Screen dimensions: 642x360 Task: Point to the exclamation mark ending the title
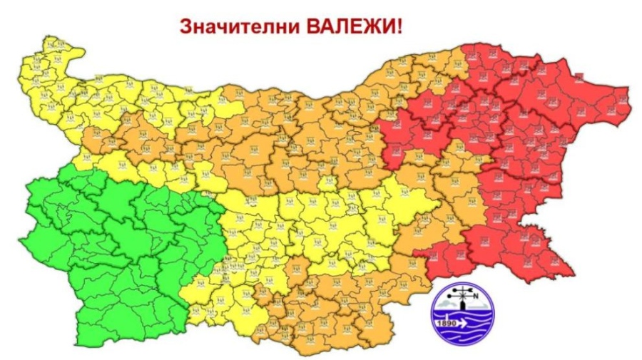(x=399, y=26)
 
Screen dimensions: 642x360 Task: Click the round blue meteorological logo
(x=463, y=314)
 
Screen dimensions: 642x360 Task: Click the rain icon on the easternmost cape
(x=621, y=100)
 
